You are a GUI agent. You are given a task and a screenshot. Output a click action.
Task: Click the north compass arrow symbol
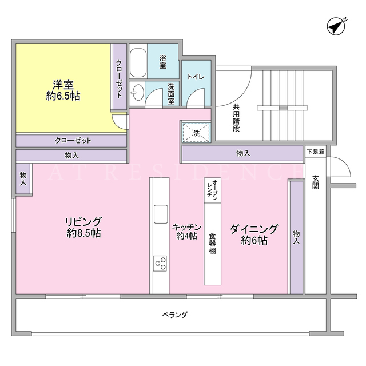337,27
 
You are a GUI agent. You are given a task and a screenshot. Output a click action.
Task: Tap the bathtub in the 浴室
138,62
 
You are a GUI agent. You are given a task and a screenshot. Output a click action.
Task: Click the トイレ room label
196,77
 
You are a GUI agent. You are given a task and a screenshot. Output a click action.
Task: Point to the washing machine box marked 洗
197,132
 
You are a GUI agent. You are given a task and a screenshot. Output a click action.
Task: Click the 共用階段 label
236,118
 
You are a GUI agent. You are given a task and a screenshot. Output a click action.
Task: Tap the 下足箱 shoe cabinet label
315,152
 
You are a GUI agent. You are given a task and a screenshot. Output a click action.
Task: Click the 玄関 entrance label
315,182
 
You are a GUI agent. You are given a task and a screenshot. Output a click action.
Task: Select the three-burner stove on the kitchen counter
160,263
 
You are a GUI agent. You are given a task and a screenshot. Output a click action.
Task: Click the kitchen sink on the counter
161,214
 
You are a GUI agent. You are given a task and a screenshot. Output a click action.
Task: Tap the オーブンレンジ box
213,190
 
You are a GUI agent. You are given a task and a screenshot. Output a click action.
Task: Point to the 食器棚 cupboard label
212,243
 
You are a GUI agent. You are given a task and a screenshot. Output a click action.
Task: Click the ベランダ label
175,315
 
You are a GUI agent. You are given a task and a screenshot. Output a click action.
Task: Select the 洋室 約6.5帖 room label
63,90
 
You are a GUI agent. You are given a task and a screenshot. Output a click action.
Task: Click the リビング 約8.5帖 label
83,228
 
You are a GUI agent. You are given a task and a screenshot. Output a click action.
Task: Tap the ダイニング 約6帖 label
254,234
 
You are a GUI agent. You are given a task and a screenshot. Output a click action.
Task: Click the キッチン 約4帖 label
187,232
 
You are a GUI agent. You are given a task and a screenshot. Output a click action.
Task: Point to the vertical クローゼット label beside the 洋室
120,79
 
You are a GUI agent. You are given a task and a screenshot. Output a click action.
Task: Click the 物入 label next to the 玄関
296,237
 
